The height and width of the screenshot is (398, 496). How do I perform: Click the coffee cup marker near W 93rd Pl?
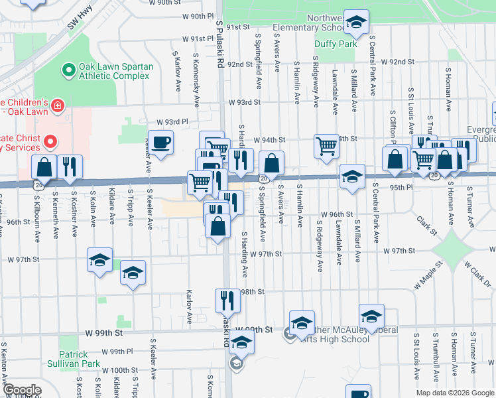[x=160, y=142]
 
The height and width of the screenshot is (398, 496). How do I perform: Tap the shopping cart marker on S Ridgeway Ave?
[x=326, y=145]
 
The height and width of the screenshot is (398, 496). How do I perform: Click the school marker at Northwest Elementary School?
[x=357, y=23]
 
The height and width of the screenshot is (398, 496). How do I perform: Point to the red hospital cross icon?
[x=58, y=105]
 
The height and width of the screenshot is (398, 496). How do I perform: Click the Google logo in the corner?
[x=22, y=390]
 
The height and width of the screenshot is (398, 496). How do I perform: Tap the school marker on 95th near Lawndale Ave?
[x=352, y=176]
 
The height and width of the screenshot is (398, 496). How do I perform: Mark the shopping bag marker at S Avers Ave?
[x=271, y=163]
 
